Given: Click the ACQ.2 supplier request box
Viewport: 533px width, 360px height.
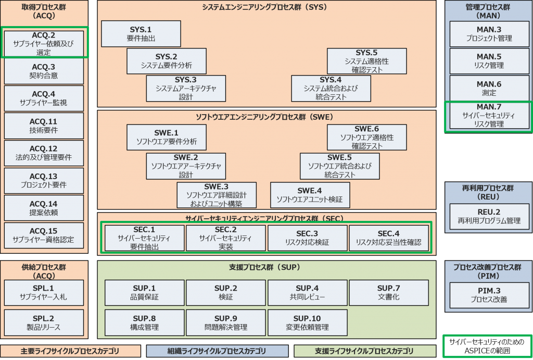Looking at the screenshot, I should [x=44, y=43].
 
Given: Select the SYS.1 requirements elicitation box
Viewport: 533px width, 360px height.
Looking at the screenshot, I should [x=141, y=34].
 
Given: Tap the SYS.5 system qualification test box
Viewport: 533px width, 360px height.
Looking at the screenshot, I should [x=366, y=61].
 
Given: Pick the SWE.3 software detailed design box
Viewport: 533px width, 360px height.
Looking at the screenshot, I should [x=216, y=195].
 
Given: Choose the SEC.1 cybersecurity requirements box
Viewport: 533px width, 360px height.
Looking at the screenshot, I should [x=144, y=238].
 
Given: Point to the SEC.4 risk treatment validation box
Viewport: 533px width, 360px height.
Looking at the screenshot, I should [x=388, y=238].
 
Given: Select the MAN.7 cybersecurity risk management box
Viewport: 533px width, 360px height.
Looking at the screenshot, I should [x=488, y=115].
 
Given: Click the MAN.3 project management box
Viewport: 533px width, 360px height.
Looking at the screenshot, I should [x=488, y=34].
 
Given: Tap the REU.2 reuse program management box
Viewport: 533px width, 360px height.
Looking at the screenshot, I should [x=488, y=216].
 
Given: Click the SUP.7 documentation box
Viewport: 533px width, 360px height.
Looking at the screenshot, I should [x=388, y=292].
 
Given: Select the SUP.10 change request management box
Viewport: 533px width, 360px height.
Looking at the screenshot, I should [x=307, y=322].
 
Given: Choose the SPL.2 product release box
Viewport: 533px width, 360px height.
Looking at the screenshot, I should [x=44, y=322].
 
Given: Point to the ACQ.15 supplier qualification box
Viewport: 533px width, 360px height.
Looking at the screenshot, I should [x=44, y=235].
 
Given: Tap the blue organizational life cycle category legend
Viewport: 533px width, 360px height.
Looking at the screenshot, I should [x=217, y=351].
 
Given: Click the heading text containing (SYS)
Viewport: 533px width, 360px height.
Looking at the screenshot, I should [x=266, y=7].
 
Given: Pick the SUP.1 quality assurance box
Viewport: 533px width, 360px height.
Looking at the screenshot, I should [x=144, y=292].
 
